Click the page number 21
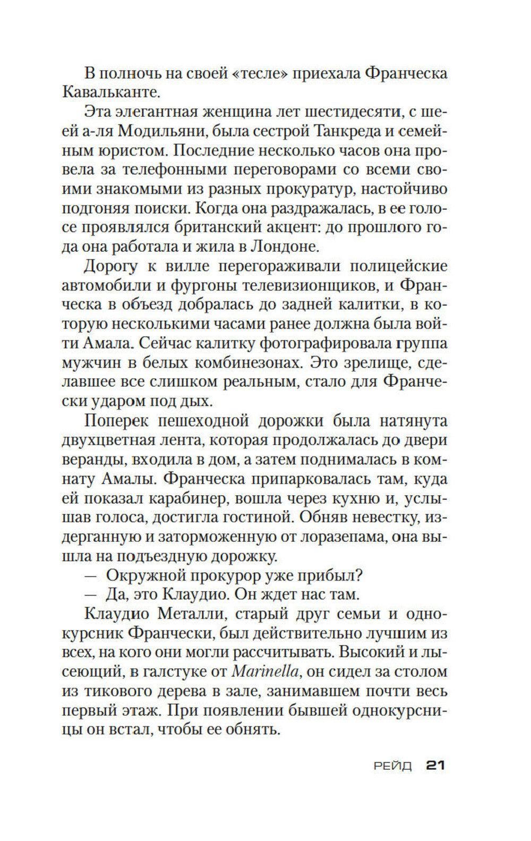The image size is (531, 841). coord(435,766)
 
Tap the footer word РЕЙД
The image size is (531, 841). coord(392,766)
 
